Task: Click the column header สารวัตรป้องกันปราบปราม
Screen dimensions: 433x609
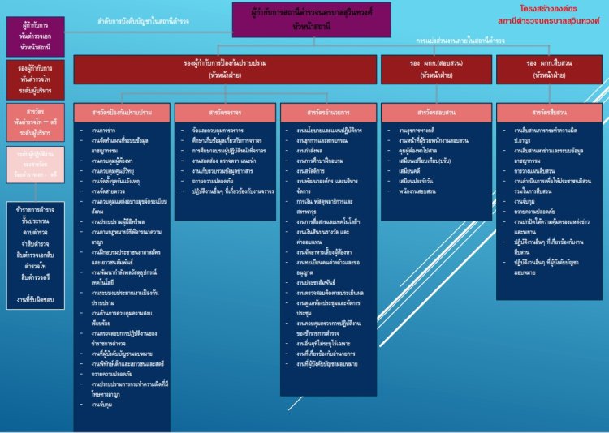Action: coord(123,112)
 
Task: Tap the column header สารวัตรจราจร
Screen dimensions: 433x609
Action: coord(225,112)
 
